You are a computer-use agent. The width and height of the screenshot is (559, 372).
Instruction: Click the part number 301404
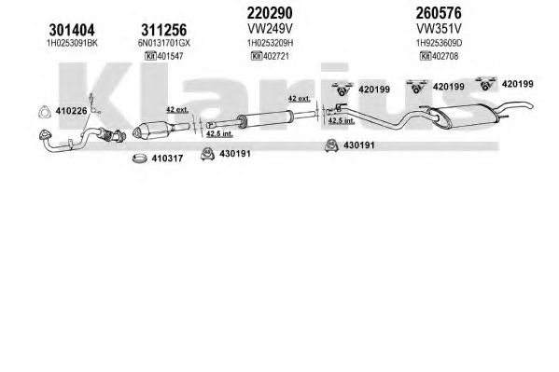[72, 30]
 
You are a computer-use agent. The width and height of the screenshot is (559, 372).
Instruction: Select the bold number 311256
[163, 30]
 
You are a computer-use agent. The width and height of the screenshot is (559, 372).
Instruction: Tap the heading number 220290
[270, 13]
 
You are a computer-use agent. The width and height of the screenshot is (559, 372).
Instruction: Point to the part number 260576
[438, 13]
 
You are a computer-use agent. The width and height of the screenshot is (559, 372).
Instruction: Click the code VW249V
[270, 29]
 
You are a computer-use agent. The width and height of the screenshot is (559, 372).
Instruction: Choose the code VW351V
[439, 29]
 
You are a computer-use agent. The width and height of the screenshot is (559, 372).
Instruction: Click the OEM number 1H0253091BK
[72, 43]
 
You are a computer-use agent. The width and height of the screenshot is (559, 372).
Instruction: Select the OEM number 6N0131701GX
[164, 43]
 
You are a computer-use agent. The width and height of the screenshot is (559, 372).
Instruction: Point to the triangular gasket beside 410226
[45, 112]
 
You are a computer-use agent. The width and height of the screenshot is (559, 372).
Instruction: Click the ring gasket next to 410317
[140, 158]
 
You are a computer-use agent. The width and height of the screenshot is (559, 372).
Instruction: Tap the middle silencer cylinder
[266, 118]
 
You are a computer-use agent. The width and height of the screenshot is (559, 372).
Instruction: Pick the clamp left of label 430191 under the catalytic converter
[207, 154]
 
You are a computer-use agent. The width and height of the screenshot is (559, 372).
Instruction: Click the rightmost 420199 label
[517, 84]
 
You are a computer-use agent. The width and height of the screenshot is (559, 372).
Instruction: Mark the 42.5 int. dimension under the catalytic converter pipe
[219, 134]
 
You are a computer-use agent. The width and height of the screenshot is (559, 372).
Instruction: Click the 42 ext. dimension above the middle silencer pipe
[300, 98]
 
